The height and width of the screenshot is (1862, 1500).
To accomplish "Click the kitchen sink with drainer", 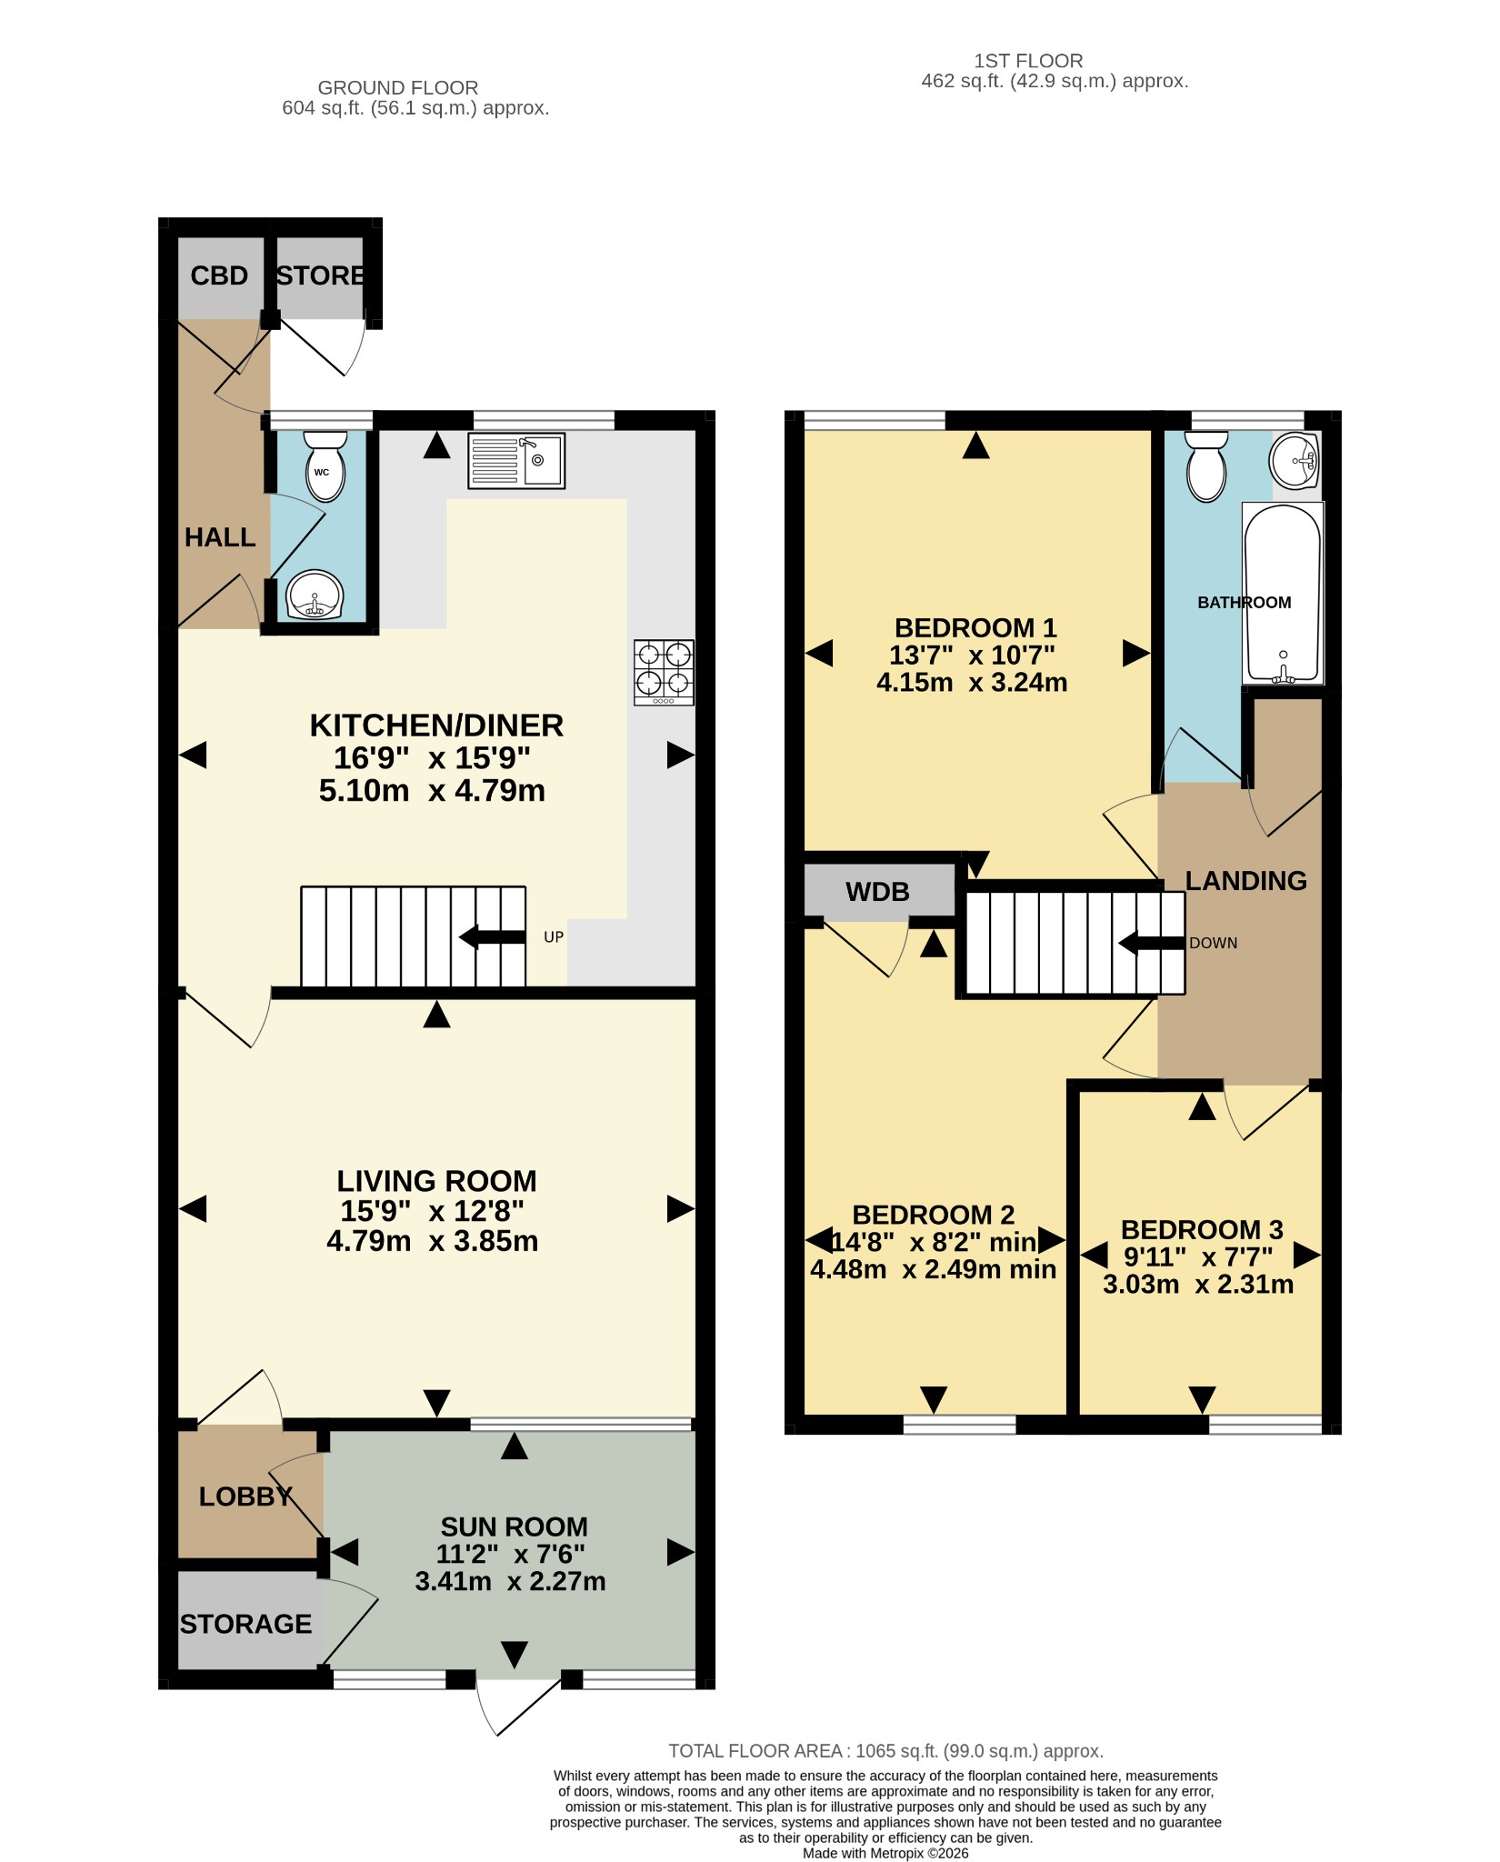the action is [x=515, y=461].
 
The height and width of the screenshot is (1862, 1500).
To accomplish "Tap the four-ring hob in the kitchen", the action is [x=664, y=673].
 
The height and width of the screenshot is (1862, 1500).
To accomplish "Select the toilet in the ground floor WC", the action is [x=325, y=466].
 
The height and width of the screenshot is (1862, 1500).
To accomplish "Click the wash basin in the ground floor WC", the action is [x=315, y=595].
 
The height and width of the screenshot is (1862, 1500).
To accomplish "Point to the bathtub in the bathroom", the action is [x=1283, y=593].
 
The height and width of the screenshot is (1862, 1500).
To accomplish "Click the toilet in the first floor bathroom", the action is [x=1206, y=465].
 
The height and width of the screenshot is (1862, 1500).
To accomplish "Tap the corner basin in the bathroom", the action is [x=1295, y=461].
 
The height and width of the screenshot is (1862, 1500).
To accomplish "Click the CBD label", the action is [x=219, y=275].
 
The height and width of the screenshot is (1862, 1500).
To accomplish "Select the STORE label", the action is [x=321, y=275].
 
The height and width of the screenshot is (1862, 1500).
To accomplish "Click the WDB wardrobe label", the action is [x=877, y=892].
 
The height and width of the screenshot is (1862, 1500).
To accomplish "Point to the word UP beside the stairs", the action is [x=554, y=937].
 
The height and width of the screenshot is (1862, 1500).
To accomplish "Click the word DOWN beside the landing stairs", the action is [x=1214, y=943].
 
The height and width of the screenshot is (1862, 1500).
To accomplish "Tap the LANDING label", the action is [x=1246, y=880].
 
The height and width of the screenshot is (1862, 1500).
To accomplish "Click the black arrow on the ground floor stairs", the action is [x=493, y=936].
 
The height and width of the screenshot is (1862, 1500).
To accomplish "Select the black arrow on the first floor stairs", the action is [x=1151, y=943].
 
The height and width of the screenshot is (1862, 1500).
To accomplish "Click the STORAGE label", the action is [x=245, y=1624].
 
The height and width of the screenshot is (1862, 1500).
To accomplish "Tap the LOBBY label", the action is [x=245, y=1497].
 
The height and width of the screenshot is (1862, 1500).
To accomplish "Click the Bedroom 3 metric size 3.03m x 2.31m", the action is [x=1198, y=1284].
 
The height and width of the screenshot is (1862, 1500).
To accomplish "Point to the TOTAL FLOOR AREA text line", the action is [x=886, y=1751].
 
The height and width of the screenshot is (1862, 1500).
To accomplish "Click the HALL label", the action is [x=220, y=537].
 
